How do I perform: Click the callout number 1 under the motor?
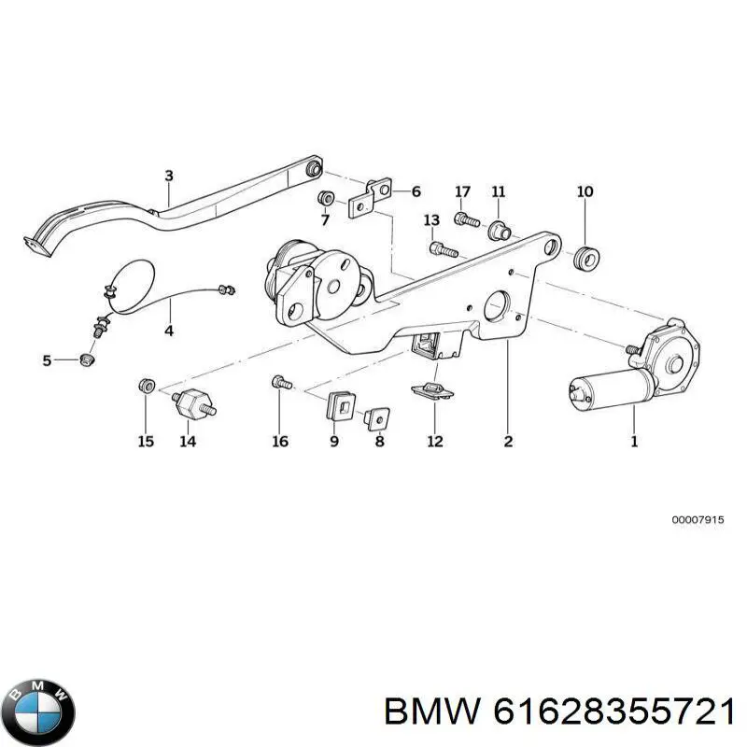pyautogui.click(x=634, y=442)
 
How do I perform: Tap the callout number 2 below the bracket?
pyautogui.click(x=508, y=442)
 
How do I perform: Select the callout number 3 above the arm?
pyautogui.click(x=169, y=176)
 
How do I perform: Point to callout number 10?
pyautogui.click(x=585, y=192)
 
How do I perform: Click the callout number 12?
pyautogui.click(x=435, y=442)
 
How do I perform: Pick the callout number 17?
pyautogui.click(x=462, y=192)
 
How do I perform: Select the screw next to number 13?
pyautogui.click(x=442, y=249)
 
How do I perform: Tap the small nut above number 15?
pyautogui.click(x=146, y=386)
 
